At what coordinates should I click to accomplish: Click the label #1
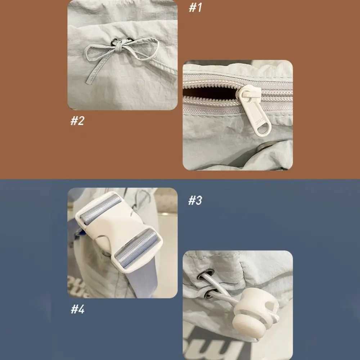[x=195, y=8]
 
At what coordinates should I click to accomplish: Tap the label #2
[x=77, y=121]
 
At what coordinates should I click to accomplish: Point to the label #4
[x=77, y=309]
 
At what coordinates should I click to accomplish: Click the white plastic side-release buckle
[x=119, y=230]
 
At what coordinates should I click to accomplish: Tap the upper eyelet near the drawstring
[x=208, y=273]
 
